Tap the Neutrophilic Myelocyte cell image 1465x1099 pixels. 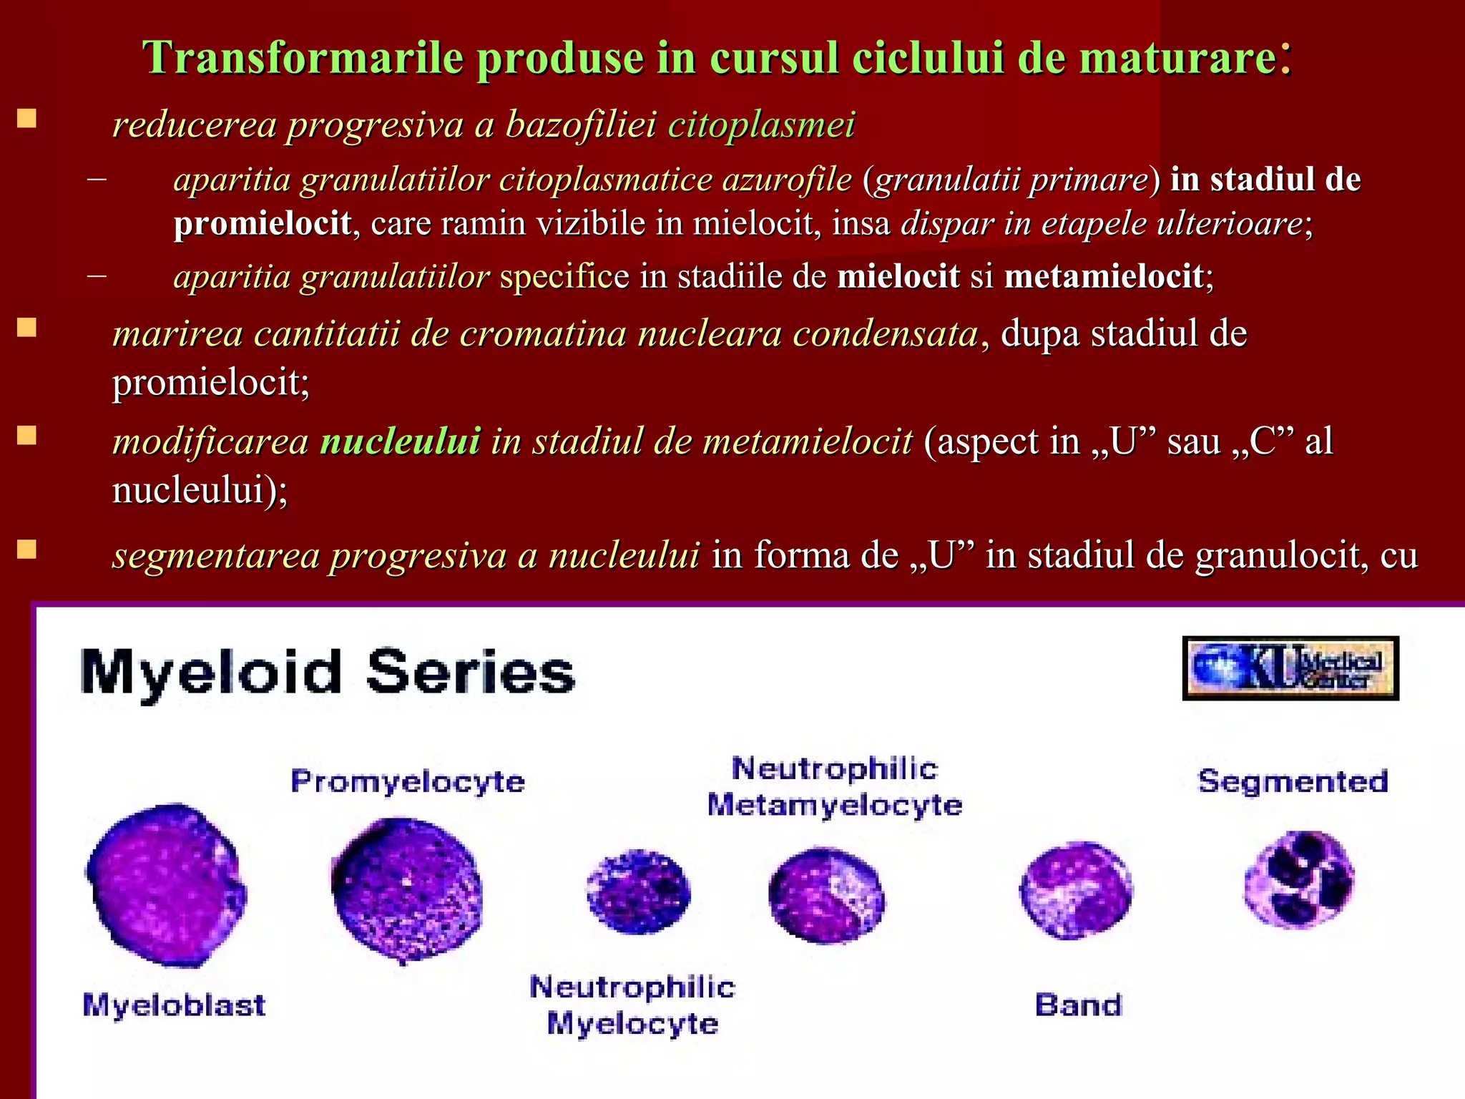[638, 891]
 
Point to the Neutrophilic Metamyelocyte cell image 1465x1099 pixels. [826, 894]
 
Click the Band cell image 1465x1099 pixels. [1075, 889]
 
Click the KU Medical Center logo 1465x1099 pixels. [1290, 668]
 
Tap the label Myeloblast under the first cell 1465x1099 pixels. [174, 1005]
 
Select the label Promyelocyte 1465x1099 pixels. [408, 781]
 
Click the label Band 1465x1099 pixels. [1078, 1005]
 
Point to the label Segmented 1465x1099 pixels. [1293, 781]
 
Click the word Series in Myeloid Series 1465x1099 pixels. [470, 673]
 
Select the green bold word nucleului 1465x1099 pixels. [400, 441]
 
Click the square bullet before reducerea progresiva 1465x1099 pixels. [27, 119]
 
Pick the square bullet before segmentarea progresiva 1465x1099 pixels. [27, 549]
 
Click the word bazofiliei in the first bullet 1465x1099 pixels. [581, 124]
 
